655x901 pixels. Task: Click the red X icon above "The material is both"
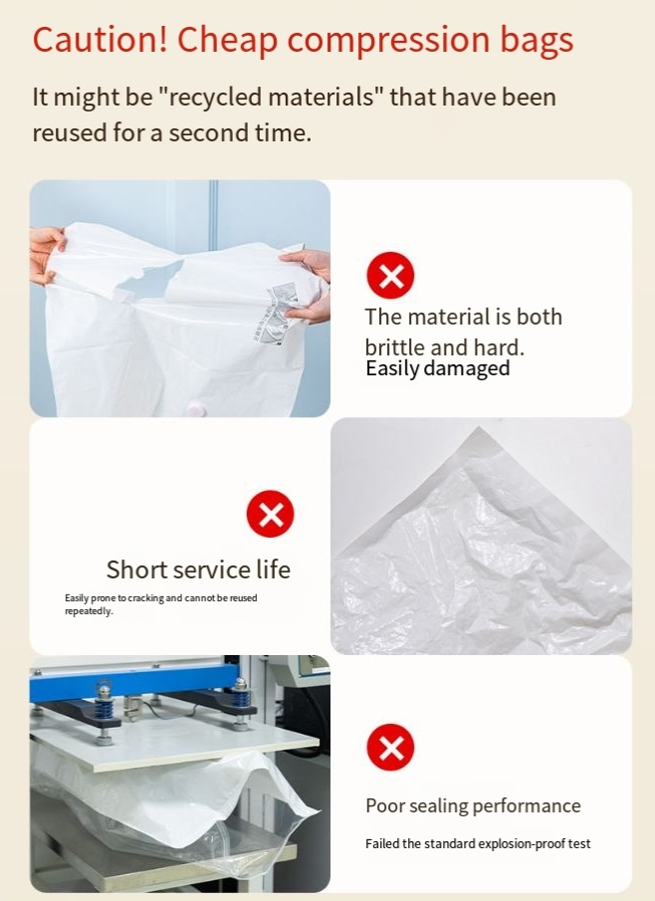coord(390,276)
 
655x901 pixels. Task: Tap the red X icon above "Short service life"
coord(270,515)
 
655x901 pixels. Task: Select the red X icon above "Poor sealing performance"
coord(390,748)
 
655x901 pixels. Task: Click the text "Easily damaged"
coord(437,368)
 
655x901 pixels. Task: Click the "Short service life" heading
coord(198,569)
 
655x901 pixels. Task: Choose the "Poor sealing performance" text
coord(473,805)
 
